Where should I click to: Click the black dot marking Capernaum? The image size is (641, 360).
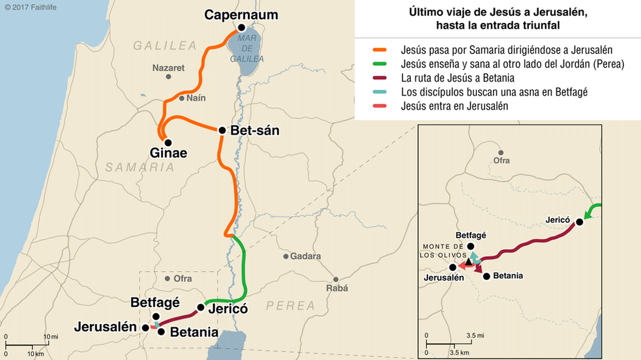click(x=241, y=28)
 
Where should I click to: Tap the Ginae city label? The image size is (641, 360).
click(x=169, y=154)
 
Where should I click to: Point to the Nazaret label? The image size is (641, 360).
click(x=168, y=67)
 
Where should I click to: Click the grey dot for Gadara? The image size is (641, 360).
click(x=287, y=256)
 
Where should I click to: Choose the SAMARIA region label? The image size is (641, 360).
click(x=140, y=167)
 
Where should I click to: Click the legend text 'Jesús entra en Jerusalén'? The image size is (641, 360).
click(x=454, y=106)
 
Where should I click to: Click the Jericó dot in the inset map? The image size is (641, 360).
click(x=579, y=222)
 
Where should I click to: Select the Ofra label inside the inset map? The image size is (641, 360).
click(x=501, y=161)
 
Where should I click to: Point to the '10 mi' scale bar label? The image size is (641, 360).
click(x=51, y=336)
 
